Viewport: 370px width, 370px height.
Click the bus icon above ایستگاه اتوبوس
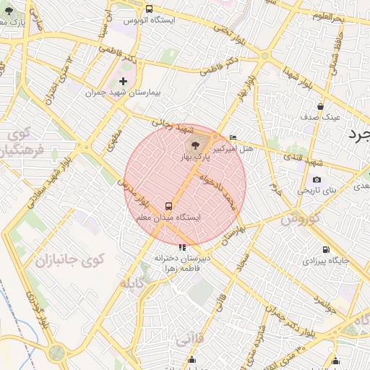[149, 9]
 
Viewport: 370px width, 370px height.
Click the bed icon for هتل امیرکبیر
[233, 137]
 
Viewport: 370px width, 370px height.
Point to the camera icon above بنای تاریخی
[317, 179]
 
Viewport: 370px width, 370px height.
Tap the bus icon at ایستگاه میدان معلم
[168, 205]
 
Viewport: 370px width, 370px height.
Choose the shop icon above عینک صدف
[320, 106]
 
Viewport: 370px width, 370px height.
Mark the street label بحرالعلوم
[347, 17]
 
